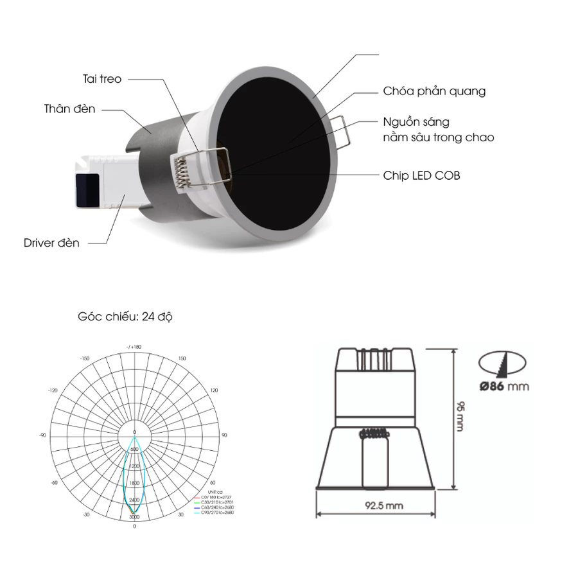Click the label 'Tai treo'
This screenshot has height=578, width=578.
point(102,79)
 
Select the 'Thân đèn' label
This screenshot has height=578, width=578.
point(70,109)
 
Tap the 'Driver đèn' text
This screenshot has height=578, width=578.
point(51,243)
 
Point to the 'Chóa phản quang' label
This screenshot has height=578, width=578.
point(434,91)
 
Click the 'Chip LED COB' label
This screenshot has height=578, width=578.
point(422,175)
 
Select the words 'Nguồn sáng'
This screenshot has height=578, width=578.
point(416,122)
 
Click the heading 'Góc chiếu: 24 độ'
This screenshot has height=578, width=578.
point(125,317)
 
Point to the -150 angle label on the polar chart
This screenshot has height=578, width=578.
point(85,358)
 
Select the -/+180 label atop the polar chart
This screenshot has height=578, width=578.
point(134,347)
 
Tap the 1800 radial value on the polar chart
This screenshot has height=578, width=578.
point(134,483)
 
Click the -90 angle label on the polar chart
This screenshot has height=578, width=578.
point(43,435)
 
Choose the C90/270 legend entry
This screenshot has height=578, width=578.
point(218,512)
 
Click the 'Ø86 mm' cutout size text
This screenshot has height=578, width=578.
point(504,386)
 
